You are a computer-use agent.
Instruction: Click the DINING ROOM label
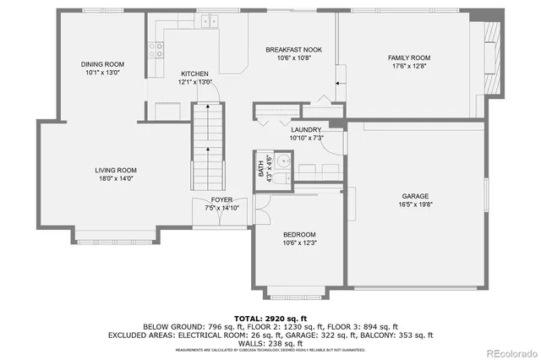pyautogui.click(x=103, y=64)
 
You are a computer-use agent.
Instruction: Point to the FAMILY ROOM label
pyautogui.click(x=409, y=58)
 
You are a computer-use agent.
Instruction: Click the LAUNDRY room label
pyautogui.click(x=307, y=129)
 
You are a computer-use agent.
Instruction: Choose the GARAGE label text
pyautogui.click(x=415, y=196)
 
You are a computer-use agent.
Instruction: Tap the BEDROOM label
pyautogui.click(x=299, y=234)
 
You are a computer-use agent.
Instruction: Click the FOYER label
pyautogui.click(x=221, y=199)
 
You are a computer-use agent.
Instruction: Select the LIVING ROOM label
pyautogui.click(x=116, y=170)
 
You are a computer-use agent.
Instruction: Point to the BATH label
pyautogui.click(x=260, y=168)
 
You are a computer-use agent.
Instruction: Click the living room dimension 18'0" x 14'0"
pyautogui.click(x=116, y=178)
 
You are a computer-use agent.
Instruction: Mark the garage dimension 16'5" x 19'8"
pyautogui.click(x=415, y=205)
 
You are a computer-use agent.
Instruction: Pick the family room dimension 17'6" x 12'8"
pyautogui.click(x=409, y=67)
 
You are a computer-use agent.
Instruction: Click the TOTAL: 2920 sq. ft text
pyautogui.click(x=270, y=318)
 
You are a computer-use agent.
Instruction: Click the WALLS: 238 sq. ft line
pyautogui.click(x=270, y=343)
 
